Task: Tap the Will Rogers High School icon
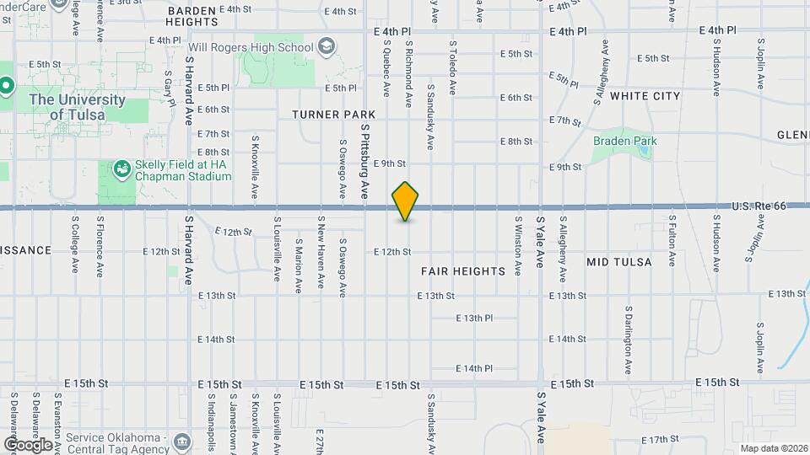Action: point(326,46)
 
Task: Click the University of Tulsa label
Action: point(77,107)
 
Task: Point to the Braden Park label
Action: point(624,141)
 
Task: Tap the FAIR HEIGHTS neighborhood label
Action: point(463,271)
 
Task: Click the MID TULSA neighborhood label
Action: point(619,262)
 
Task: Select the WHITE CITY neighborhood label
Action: point(645,96)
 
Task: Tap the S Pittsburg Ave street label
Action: point(365,160)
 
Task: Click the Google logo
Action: point(28,444)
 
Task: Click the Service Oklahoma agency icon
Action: point(181,442)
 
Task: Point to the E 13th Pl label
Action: point(474,318)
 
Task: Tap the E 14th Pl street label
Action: point(474,368)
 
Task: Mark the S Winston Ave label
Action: point(518,244)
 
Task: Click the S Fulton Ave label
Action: point(672,241)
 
